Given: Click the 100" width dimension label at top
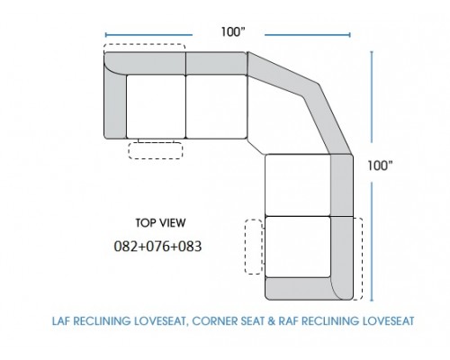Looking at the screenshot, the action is point(233,31).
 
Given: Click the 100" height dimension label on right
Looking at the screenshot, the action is point(380,166).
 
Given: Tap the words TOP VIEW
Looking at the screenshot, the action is point(160,223).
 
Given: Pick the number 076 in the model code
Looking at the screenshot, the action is point(157,247).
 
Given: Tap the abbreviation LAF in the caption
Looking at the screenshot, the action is point(61,321).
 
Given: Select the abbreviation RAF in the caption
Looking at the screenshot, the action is point(288,321).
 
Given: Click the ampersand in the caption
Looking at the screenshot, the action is point(271,321).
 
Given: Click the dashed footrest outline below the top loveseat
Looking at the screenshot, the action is point(156,150).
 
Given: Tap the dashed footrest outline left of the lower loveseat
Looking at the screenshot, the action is point(254,247).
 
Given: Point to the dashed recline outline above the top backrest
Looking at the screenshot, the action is point(144,44).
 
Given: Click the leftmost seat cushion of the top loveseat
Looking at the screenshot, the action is point(156,106).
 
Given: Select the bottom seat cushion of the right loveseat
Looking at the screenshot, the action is point(298,247).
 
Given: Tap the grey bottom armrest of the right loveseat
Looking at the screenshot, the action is point(300,289).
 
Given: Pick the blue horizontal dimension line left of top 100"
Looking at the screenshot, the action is point(148,35).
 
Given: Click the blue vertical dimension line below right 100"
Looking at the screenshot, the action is point(372,241).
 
